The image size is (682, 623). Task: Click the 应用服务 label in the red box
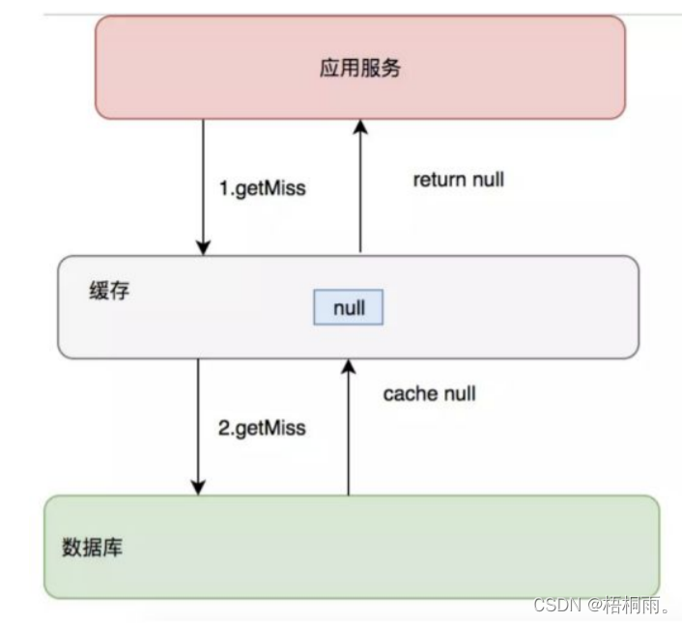[359, 69]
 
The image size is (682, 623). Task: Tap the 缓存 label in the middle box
[108, 291]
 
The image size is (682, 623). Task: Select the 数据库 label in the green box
[92, 548]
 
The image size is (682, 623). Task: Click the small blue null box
[348, 308]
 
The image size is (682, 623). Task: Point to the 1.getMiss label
[264, 188]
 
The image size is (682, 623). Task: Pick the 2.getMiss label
[262, 427]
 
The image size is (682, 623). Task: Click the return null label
[459, 180]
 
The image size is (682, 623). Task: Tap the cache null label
[430, 394]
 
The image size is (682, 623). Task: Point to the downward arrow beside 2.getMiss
[198, 426]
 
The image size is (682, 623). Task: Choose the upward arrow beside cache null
[349, 426]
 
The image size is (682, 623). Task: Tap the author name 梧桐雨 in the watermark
[633, 605]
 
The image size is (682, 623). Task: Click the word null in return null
[485, 180]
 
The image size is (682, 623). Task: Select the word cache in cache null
[412, 394]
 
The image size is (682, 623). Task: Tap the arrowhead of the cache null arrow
[349, 366]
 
